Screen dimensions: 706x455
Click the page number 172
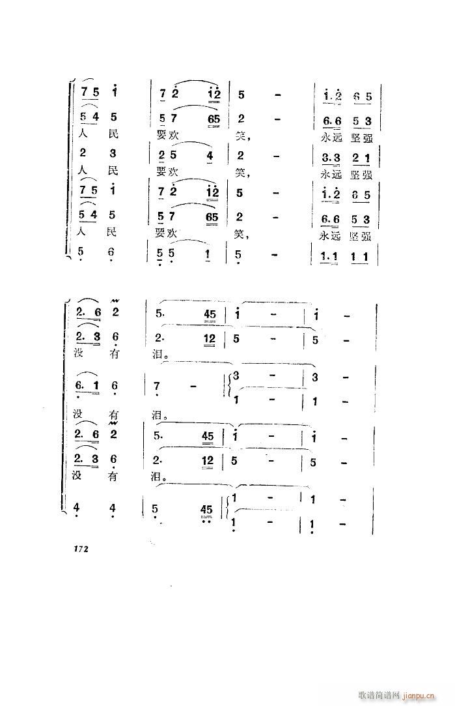pyautogui.click(x=77, y=549)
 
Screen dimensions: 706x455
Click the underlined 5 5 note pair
pyautogui.click(x=166, y=256)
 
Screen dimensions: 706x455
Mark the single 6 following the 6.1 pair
pyautogui.click(x=115, y=386)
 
